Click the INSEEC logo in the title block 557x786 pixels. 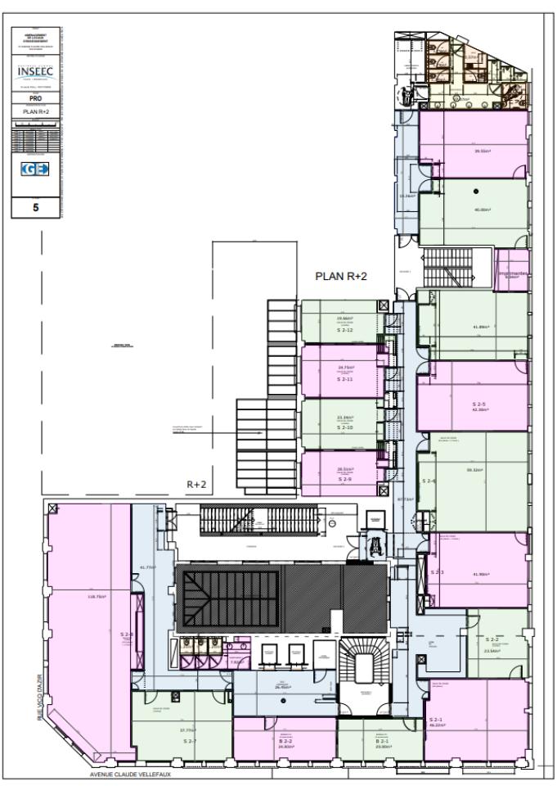pos(36,71)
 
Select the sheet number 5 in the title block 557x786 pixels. pos(35,207)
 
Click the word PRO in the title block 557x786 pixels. pos(36,98)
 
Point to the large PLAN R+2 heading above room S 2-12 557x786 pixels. pos(341,277)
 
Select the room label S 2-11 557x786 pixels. pos(344,380)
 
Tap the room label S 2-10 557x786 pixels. pos(344,428)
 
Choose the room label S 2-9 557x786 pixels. pos(344,479)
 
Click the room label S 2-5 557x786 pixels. pos(478,404)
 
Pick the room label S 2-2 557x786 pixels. pos(492,639)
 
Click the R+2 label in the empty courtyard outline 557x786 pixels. pos(196,484)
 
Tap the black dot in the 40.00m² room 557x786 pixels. pos(474,190)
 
